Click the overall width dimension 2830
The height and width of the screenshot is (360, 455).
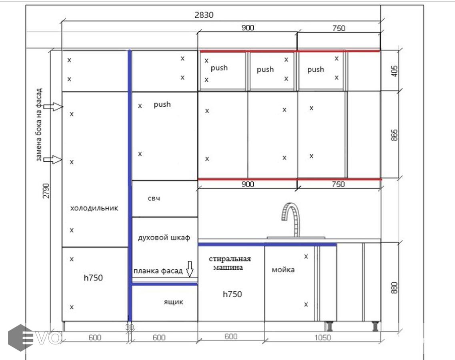(x=204, y=15)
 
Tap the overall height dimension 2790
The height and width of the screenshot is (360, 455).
(x=46, y=190)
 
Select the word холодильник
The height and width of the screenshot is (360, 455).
(x=94, y=208)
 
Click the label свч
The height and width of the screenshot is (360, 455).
(x=154, y=198)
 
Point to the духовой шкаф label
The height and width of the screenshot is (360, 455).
(x=164, y=238)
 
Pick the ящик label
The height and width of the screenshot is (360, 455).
(x=174, y=302)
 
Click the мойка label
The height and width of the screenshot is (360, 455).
(x=283, y=270)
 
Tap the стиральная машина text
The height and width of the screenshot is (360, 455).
(x=230, y=263)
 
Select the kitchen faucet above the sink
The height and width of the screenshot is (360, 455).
(x=291, y=220)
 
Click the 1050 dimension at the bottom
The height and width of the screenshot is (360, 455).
(x=323, y=337)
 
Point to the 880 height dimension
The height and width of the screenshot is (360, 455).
(x=394, y=288)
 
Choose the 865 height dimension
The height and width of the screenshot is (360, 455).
(x=394, y=135)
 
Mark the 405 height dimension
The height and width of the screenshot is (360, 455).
(x=394, y=71)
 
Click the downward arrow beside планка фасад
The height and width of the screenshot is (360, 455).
(x=190, y=269)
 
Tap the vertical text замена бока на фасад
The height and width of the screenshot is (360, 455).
(x=39, y=125)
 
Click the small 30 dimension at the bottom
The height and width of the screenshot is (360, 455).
(x=129, y=328)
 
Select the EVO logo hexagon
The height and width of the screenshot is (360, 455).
(x=20, y=338)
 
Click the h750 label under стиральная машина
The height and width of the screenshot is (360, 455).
(x=232, y=294)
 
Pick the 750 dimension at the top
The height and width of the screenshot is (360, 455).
(x=339, y=28)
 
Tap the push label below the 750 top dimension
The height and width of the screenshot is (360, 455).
(x=315, y=70)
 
